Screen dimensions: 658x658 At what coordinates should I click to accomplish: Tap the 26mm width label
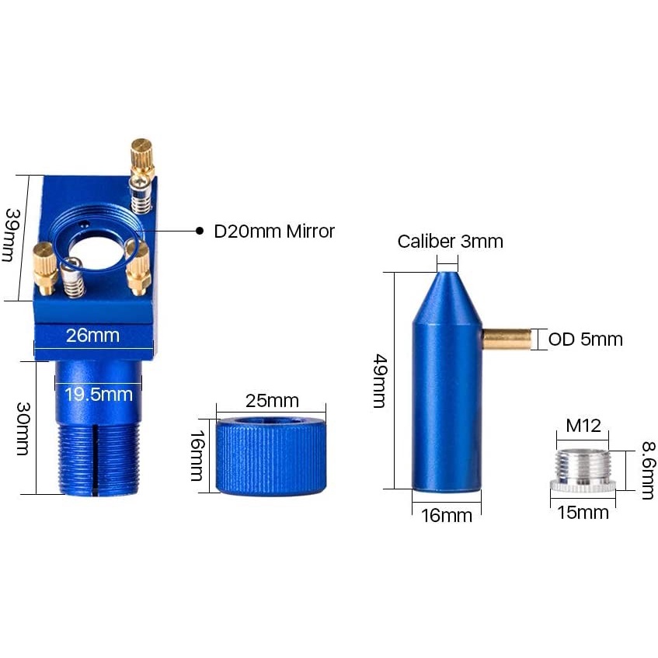(92, 336)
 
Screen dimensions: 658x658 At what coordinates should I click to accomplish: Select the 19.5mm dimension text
(98, 394)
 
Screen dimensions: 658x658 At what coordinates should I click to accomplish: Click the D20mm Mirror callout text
(273, 231)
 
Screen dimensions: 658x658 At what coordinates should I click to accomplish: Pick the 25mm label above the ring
(271, 401)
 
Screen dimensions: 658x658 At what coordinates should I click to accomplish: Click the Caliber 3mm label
(450, 242)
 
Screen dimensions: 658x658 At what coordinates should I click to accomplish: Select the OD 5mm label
(585, 339)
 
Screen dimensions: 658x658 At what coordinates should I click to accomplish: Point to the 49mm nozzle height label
(380, 381)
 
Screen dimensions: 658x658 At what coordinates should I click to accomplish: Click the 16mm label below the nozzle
(446, 514)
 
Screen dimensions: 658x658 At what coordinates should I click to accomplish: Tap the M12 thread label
(583, 426)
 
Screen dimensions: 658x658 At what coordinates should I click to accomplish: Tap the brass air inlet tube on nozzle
(507, 339)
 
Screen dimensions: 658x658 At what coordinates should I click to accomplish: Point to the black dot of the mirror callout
(199, 231)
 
